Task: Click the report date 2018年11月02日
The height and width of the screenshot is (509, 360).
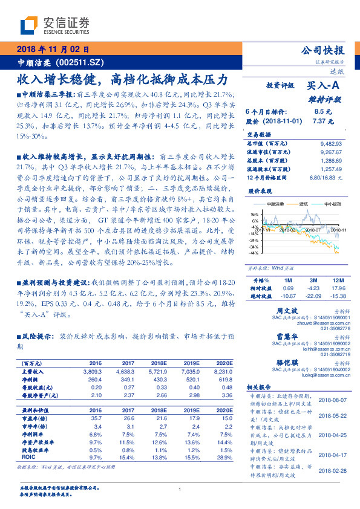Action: point(54,50)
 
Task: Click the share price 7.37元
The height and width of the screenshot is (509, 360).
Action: point(323,121)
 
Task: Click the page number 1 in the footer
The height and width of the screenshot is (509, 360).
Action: point(180,489)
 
